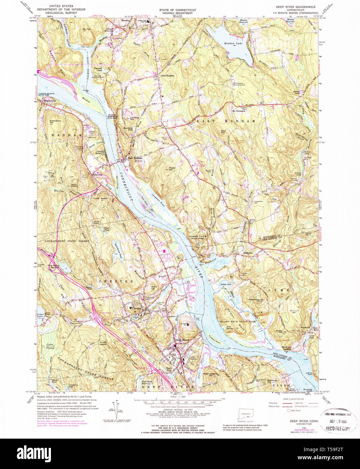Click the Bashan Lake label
233,43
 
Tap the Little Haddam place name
167,76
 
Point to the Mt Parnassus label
238,111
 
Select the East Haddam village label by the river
135,158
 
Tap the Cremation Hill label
55,121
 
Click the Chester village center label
137,308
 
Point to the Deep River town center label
182,340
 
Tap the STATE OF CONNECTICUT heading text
177,10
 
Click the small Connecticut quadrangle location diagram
245,414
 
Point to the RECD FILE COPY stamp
338,429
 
